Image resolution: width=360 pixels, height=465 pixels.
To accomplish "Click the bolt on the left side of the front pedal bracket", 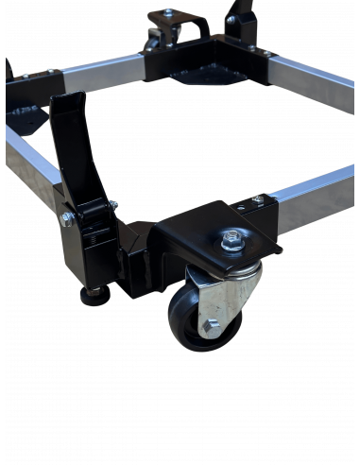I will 68,219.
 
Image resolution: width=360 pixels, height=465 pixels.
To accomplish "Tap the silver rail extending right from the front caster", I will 312,198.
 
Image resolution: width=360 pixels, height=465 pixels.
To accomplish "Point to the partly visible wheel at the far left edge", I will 8,71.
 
